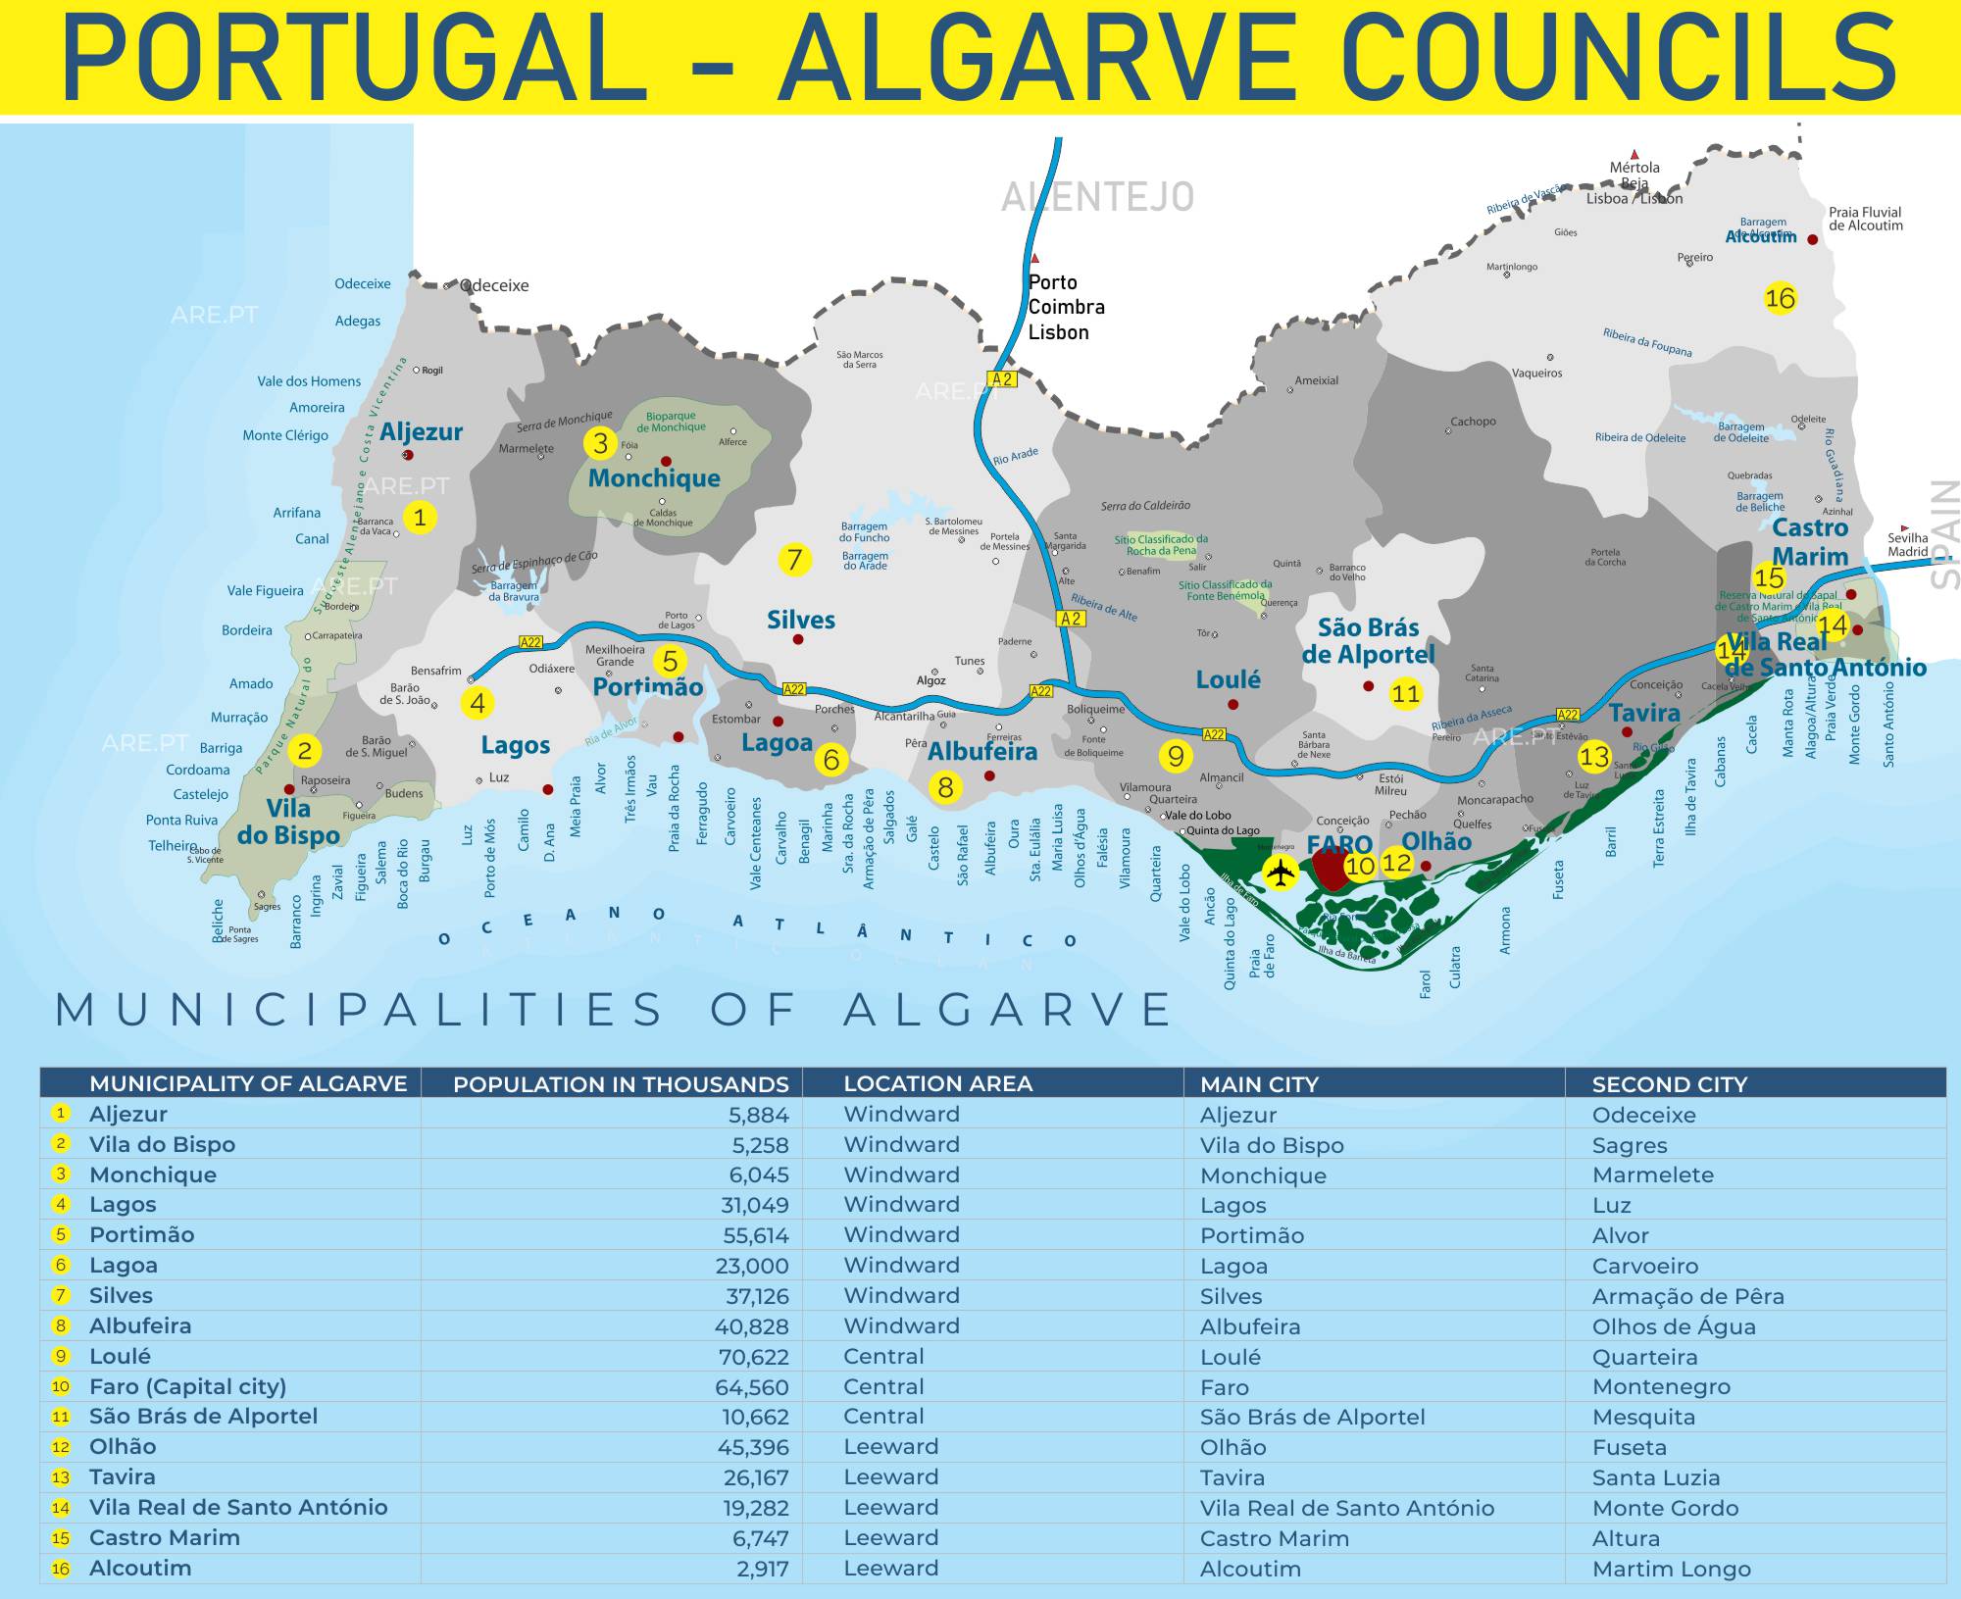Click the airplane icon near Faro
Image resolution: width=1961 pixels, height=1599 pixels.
tap(1280, 871)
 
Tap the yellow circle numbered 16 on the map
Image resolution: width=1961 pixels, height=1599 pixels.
tap(1780, 297)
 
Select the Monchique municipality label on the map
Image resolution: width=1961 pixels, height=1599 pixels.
tap(654, 478)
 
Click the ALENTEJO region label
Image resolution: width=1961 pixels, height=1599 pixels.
tap(1097, 198)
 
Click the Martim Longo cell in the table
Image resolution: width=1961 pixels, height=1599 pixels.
tap(1671, 1569)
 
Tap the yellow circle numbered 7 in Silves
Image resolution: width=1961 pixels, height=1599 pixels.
tap(794, 560)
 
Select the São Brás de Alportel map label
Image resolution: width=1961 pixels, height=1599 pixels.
tap(1368, 641)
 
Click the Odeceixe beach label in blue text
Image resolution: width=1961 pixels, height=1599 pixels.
tap(362, 284)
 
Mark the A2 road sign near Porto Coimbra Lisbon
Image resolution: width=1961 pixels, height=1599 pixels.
tap(1001, 379)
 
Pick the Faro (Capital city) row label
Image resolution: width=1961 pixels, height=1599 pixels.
tap(187, 1386)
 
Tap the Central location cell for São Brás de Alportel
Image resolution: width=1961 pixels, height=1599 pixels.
tap(883, 1417)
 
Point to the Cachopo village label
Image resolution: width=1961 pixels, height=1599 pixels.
tap(1473, 422)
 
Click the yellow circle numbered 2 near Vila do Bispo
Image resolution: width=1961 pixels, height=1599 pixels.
tap(304, 751)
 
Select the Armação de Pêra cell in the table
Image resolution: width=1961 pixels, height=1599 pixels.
tap(1687, 1296)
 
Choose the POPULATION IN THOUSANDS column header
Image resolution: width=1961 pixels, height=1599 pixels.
tap(621, 1084)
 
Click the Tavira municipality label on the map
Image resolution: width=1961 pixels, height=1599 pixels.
tap(1644, 713)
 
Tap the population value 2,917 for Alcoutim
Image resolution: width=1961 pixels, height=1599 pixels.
tap(762, 1569)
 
